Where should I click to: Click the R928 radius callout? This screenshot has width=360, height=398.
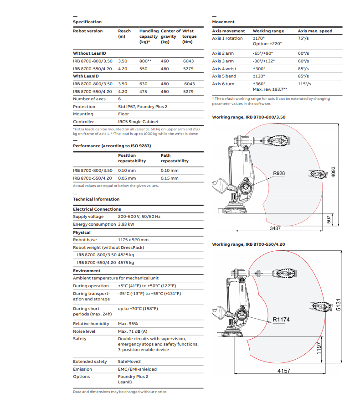click(x=279, y=173)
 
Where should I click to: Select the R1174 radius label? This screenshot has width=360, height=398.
click(x=281, y=320)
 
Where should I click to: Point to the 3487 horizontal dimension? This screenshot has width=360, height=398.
click(x=275, y=227)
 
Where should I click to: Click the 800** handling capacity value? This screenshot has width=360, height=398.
click(x=145, y=61)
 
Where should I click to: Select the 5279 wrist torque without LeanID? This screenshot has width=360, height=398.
click(x=188, y=68)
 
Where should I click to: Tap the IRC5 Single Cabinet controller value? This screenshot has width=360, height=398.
click(x=138, y=122)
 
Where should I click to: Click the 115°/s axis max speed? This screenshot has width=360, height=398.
click(x=304, y=84)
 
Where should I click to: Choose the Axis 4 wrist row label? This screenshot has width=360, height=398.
click(x=223, y=68)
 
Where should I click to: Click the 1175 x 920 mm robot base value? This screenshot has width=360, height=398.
click(x=133, y=240)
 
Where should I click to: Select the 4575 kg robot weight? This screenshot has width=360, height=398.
click(x=126, y=263)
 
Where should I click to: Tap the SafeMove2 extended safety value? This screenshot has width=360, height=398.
click(x=129, y=362)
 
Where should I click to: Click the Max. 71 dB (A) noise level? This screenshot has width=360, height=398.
click(x=133, y=331)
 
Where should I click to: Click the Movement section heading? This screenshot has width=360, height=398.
click(x=223, y=21)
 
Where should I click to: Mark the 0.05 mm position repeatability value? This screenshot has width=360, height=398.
click(x=126, y=178)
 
